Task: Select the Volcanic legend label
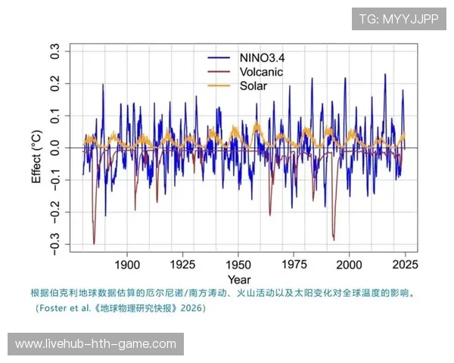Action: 262,71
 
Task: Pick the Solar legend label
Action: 253,85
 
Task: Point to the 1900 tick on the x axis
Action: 127,265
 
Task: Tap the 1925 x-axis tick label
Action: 182,265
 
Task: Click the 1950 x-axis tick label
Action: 238,265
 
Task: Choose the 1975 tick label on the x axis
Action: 294,265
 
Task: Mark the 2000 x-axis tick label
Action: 349,265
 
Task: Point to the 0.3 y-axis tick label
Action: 55,51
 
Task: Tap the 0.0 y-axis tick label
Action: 55,148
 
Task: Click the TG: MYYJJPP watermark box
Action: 399,19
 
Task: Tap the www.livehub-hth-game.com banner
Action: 96,344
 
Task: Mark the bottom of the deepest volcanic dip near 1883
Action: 94,244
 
